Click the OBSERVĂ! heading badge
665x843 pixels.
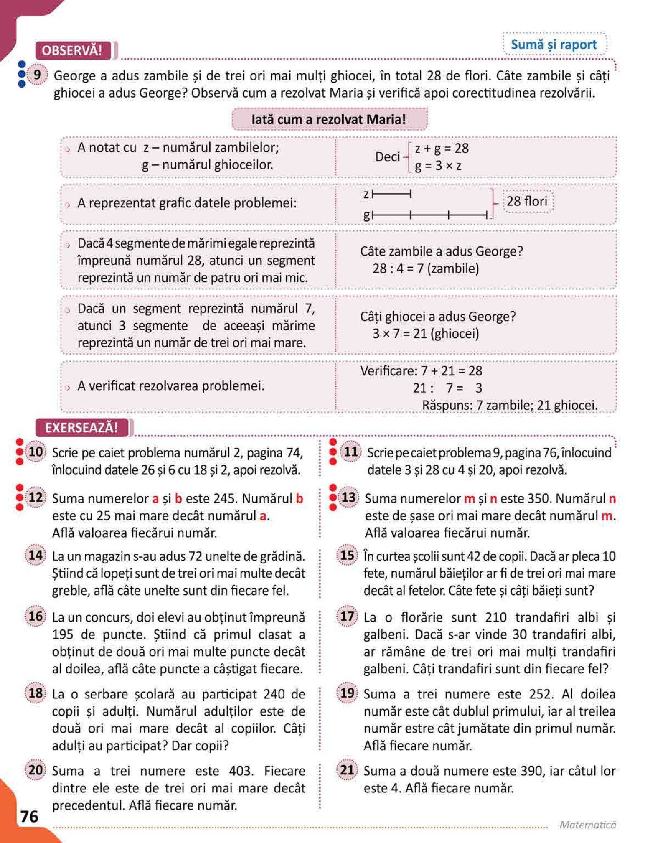72,50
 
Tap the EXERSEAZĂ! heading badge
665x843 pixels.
81,427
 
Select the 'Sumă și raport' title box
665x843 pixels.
553,44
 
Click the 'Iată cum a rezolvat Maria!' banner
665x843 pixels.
329,119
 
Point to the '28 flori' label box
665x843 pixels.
527,201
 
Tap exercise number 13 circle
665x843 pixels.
349,497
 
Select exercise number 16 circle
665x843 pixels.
36,616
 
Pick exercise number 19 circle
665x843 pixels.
347,693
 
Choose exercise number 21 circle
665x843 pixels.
347,770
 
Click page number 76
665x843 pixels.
29,816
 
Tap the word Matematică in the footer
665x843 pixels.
588,824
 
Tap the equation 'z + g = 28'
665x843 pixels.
441,148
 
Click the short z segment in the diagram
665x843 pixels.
391,194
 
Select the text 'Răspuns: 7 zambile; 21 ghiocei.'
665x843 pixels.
509,405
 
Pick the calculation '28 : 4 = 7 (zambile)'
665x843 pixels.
426,269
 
